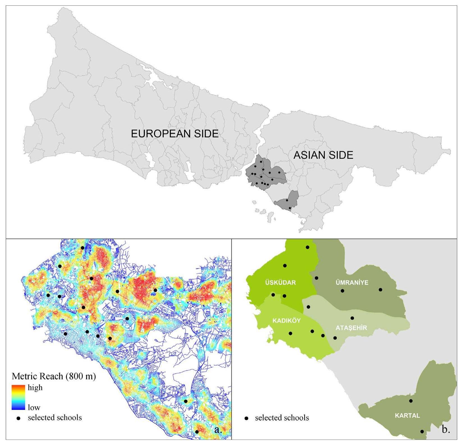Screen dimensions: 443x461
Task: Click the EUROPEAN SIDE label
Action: (x=175, y=134)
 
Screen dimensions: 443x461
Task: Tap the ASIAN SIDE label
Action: (x=323, y=155)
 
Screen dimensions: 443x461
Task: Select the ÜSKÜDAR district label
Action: (x=280, y=282)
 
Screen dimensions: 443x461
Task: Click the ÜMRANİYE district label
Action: (x=352, y=282)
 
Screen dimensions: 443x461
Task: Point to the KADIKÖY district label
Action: (x=287, y=321)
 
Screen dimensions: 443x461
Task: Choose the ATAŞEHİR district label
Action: (x=351, y=328)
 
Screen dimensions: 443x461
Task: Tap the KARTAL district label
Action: (x=407, y=415)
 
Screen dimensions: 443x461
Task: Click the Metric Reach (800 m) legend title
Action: (x=54, y=376)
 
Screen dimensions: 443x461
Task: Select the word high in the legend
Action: (x=35, y=388)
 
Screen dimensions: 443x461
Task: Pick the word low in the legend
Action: (x=34, y=407)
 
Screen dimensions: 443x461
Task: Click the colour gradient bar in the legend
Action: (x=18, y=397)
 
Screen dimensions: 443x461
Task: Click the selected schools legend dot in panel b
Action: (x=247, y=418)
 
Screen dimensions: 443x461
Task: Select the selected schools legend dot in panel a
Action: (x=19, y=418)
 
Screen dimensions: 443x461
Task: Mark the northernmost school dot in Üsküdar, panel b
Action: (x=307, y=247)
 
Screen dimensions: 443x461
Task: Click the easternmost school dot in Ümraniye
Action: (x=380, y=290)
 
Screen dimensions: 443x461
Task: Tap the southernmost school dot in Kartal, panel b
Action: (x=422, y=431)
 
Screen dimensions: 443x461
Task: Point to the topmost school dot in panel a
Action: (x=82, y=248)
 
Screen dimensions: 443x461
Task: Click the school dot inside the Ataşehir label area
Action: (x=352, y=318)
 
